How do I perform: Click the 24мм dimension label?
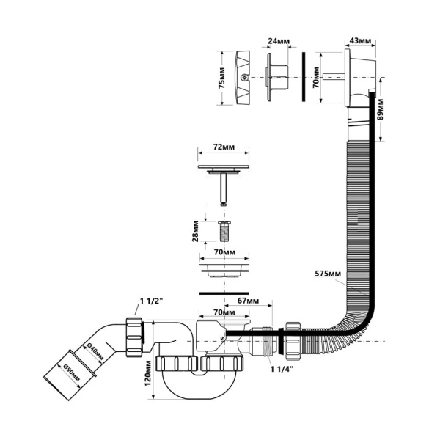coord(279,41)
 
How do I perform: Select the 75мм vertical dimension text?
coord(221,78)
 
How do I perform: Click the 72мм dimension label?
coord(224,147)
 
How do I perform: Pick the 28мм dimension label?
coord(196,231)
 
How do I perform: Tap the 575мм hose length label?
coord(328,274)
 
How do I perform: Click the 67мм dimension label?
coord(248,301)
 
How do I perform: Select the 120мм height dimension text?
coord(148,373)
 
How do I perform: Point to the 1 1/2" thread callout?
coord(152,301)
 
